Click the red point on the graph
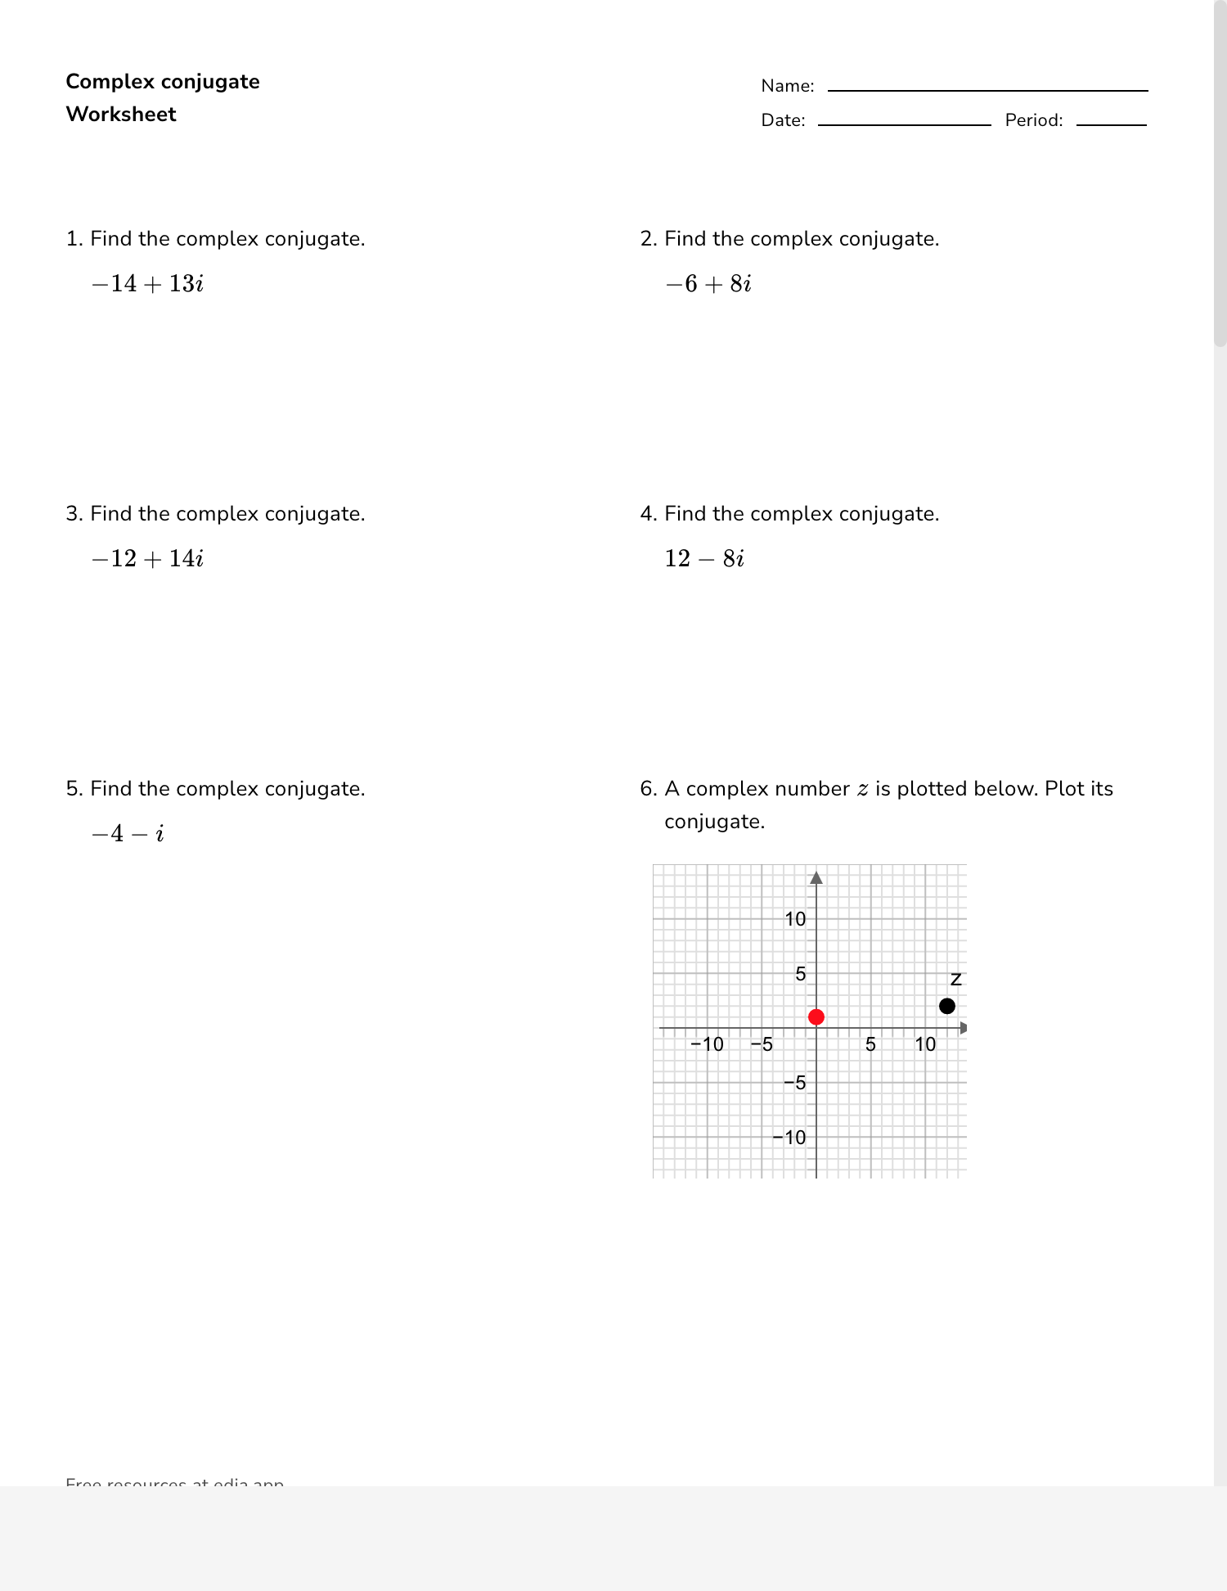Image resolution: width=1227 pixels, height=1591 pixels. (x=816, y=1016)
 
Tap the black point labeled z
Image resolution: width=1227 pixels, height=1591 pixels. (x=946, y=1006)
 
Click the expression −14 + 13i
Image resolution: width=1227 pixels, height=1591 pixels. (x=147, y=284)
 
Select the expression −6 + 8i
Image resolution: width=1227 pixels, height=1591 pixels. (x=708, y=284)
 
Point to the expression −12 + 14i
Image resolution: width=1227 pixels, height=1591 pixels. (x=147, y=559)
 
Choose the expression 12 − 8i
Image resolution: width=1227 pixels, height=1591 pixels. (x=704, y=559)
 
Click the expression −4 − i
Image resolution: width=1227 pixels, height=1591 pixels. (x=128, y=834)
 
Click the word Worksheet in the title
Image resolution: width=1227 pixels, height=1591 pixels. (x=121, y=114)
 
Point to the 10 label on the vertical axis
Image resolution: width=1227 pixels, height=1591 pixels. (x=795, y=919)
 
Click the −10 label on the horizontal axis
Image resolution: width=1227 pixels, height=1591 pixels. (x=707, y=1044)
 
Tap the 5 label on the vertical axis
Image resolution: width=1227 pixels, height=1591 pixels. (x=801, y=974)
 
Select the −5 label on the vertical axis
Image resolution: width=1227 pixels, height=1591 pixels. (x=794, y=1083)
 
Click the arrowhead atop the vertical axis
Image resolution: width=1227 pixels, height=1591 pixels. (x=816, y=878)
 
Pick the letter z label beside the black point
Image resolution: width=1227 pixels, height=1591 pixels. (x=955, y=980)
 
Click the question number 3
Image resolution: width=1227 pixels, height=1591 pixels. (x=74, y=514)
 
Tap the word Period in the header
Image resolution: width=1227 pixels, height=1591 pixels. (x=1033, y=120)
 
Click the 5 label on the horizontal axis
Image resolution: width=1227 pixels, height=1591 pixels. (x=870, y=1044)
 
